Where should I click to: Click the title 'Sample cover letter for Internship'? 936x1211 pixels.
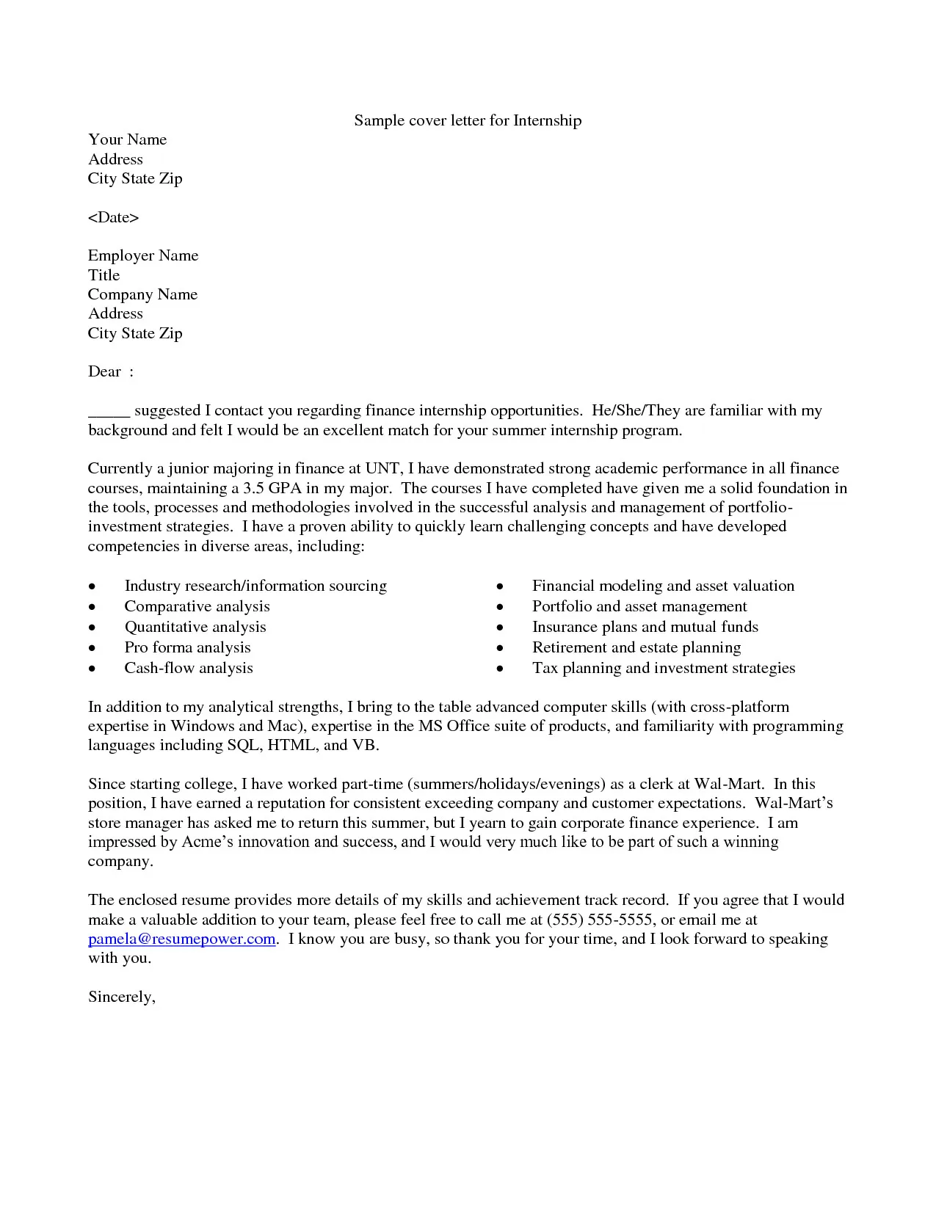click(468, 120)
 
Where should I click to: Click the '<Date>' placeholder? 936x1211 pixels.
click(113, 217)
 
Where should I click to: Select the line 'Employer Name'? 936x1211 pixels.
click(143, 255)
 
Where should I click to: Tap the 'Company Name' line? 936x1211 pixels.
click(142, 294)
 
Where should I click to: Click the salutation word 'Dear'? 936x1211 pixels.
click(104, 371)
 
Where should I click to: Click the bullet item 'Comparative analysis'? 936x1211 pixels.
click(197, 606)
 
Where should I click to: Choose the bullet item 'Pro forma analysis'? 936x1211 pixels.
click(187, 647)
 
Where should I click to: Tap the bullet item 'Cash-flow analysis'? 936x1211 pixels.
click(189, 668)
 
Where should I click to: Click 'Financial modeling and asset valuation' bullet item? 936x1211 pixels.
click(663, 586)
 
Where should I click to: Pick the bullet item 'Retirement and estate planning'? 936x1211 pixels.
click(636, 647)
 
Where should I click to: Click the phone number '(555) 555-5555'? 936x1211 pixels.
click(600, 920)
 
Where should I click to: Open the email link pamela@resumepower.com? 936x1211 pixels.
click(181, 939)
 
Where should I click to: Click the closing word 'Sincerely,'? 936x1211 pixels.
click(122, 997)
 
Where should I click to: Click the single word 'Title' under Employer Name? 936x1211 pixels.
click(104, 275)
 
